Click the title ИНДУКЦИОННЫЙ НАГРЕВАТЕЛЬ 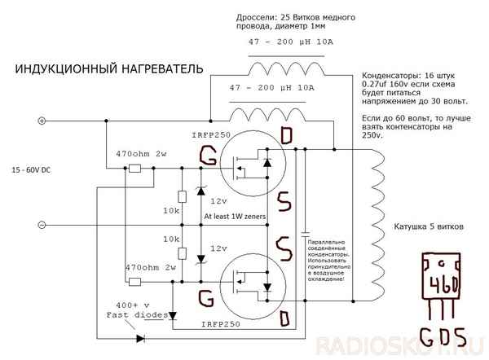pos(108,70)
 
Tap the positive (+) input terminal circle pos(42,121)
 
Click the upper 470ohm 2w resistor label pos(141,152)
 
